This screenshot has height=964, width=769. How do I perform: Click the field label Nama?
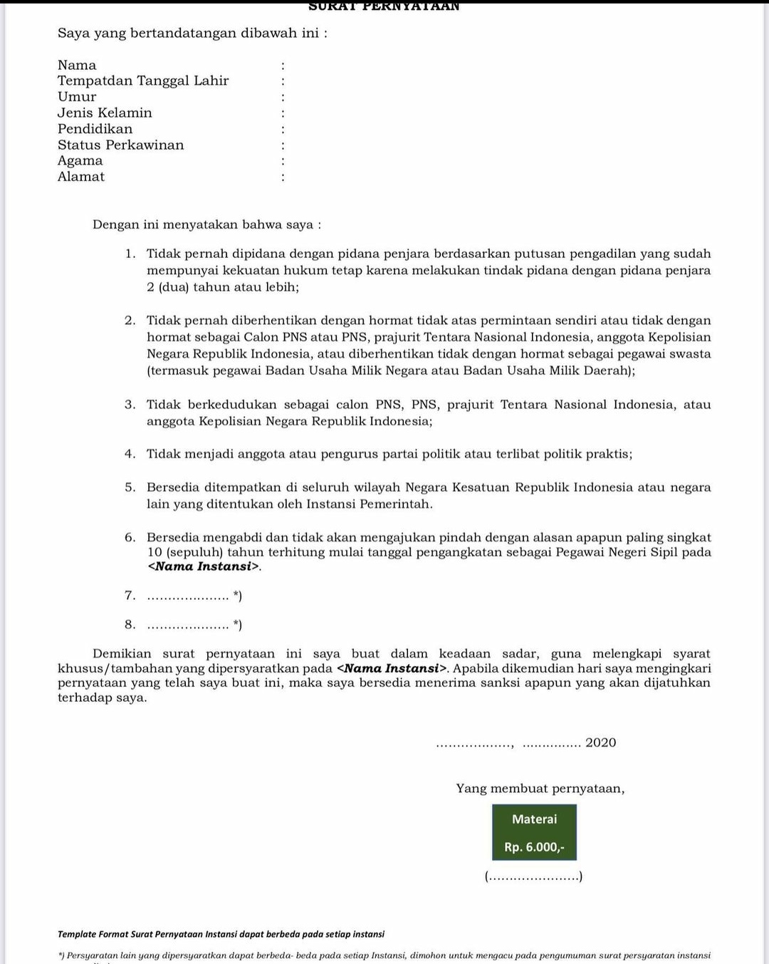click(77, 65)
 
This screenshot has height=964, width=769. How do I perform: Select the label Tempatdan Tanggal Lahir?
click(143, 81)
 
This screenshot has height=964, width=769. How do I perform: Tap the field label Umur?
click(77, 97)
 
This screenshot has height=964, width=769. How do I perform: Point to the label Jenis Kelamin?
click(105, 113)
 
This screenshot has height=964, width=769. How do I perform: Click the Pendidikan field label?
click(95, 129)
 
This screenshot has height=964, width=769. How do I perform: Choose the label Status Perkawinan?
click(120, 145)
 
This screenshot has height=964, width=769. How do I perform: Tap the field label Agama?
click(80, 161)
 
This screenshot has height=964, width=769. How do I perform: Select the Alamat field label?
click(81, 177)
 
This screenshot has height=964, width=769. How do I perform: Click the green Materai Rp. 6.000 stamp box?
click(534, 832)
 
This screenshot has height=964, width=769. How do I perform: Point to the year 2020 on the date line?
click(600, 742)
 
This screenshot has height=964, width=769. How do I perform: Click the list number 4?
click(130, 454)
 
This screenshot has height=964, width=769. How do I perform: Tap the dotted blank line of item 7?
click(188, 596)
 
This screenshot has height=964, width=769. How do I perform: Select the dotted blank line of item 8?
click(188, 626)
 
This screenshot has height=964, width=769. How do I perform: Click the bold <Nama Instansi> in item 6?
click(204, 567)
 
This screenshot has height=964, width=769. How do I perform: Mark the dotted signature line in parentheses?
click(533, 877)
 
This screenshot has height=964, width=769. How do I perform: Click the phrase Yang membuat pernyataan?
click(540, 789)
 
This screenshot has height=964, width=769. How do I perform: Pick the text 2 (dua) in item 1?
click(167, 287)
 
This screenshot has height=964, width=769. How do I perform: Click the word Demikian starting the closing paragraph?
click(122, 653)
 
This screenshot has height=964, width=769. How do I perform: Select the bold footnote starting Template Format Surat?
click(221, 934)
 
